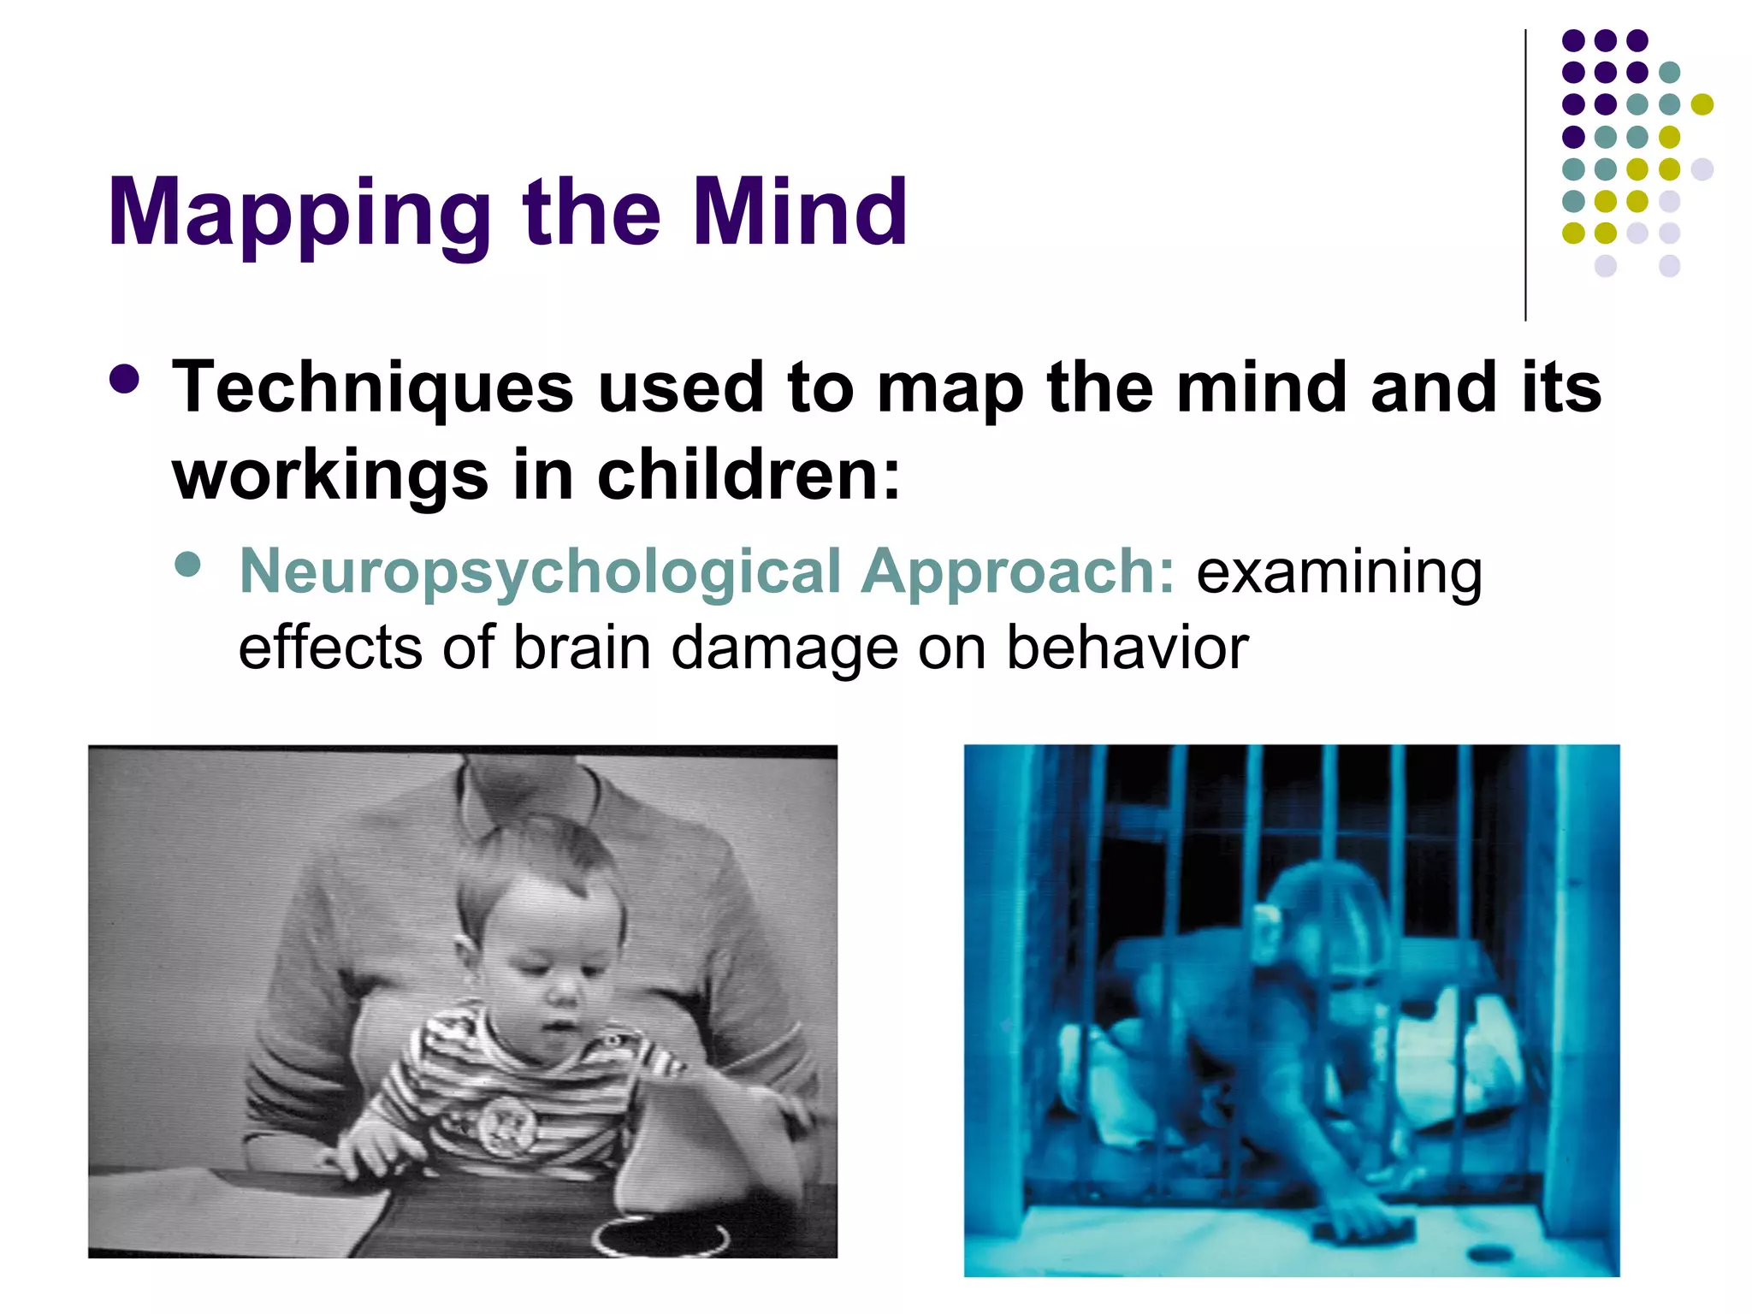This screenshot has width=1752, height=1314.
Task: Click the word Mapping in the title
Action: (299, 214)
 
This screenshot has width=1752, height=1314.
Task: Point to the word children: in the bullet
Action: (749, 476)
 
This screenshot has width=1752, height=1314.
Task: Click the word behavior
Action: (1127, 648)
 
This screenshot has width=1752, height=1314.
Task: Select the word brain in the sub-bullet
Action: (582, 648)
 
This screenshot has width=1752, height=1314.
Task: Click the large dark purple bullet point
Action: (125, 379)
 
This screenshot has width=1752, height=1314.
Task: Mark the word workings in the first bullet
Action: (329, 476)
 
